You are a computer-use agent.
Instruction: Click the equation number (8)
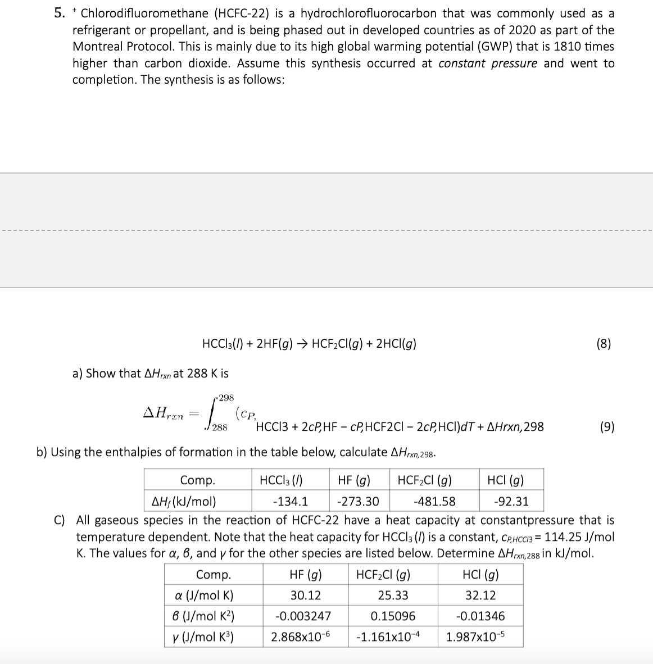tap(603, 344)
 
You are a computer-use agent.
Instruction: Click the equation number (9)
tap(606, 426)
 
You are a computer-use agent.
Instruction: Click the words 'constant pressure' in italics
tap(487, 63)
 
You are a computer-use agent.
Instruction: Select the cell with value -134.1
tap(289, 501)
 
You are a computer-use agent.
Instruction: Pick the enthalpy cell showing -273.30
tap(358, 501)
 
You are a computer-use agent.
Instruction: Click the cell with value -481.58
tap(434, 501)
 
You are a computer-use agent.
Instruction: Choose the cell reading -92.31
tap(511, 501)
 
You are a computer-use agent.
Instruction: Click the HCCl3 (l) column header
tap(281, 480)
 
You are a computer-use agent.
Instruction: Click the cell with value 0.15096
tap(393, 616)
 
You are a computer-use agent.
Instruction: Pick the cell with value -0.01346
tap(480, 616)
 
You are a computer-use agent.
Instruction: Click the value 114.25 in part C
tap(564, 536)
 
